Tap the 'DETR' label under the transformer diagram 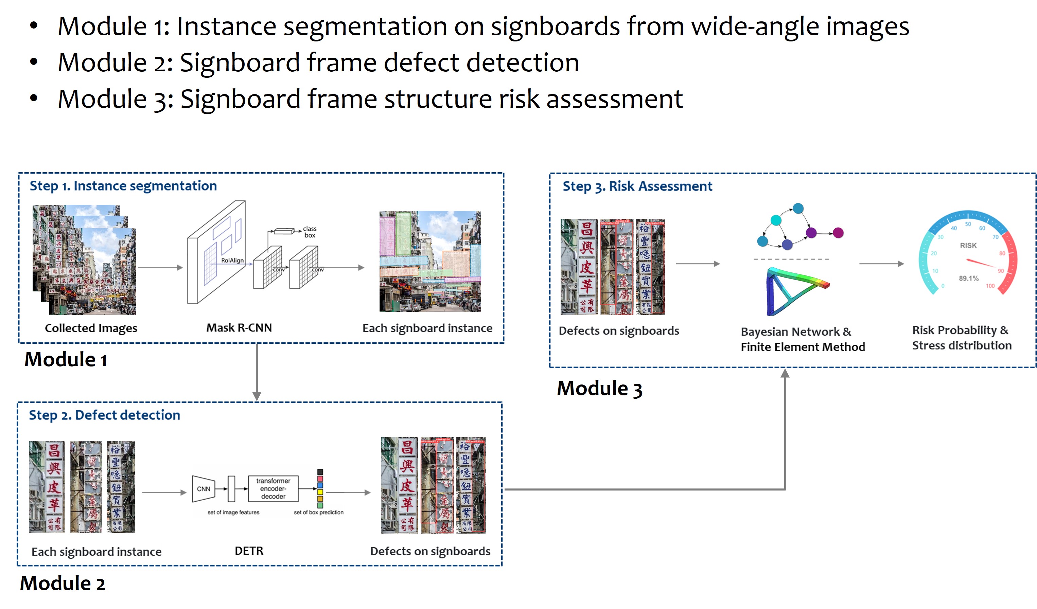tap(249, 551)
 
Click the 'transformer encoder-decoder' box tap(273, 488)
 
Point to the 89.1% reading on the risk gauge tap(968, 279)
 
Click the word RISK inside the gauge tap(968, 246)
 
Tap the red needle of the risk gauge tap(981, 263)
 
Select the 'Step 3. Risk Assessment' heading tap(637, 186)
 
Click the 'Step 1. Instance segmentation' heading tap(123, 186)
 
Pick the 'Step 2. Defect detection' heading tap(105, 415)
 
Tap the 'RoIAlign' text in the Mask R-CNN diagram tap(232, 261)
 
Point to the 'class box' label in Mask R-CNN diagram tap(310, 232)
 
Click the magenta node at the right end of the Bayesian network tap(838, 233)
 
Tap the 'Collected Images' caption tap(91, 328)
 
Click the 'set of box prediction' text tap(318, 512)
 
